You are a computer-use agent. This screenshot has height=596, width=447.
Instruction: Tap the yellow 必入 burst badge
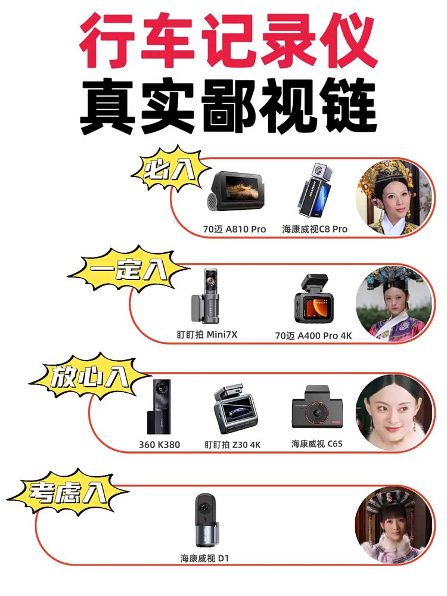click(x=170, y=169)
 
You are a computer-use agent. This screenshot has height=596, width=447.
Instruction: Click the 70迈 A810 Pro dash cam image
click(x=235, y=196)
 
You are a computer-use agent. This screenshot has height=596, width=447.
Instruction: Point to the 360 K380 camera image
click(x=160, y=407)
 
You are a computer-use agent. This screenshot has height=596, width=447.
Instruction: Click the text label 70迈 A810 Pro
click(x=234, y=229)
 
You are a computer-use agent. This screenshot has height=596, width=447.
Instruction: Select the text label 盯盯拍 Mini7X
click(x=207, y=334)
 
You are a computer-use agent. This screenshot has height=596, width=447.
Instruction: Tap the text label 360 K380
click(x=159, y=445)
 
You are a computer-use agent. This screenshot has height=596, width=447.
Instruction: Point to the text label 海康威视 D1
click(x=204, y=558)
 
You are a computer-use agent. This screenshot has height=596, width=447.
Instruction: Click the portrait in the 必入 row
click(x=394, y=198)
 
